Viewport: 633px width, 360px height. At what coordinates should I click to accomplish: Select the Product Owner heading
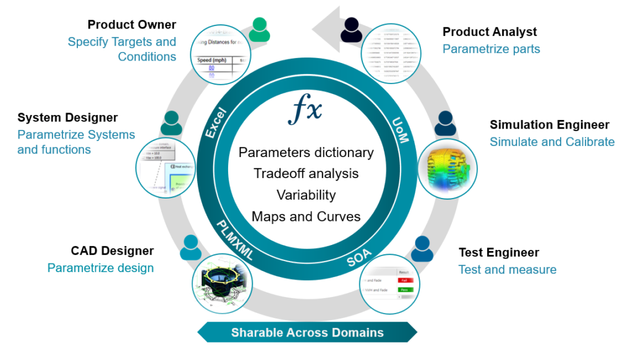pyautogui.click(x=132, y=25)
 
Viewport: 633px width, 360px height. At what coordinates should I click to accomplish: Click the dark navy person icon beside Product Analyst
pyautogui.click(x=351, y=30)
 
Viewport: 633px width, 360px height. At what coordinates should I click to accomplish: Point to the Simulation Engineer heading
pyautogui.click(x=550, y=125)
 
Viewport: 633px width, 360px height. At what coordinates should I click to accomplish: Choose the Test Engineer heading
pyautogui.click(x=498, y=252)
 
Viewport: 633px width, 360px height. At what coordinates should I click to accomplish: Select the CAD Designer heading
pyautogui.click(x=112, y=251)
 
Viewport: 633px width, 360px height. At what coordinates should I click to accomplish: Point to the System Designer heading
pyautogui.click(x=67, y=118)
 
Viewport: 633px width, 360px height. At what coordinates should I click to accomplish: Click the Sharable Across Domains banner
pyautogui.click(x=307, y=333)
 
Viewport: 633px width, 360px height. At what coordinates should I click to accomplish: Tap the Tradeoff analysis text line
pyautogui.click(x=306, y=174)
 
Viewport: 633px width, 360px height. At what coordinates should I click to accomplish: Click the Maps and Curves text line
pyautogui.click(x=306, y=216)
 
